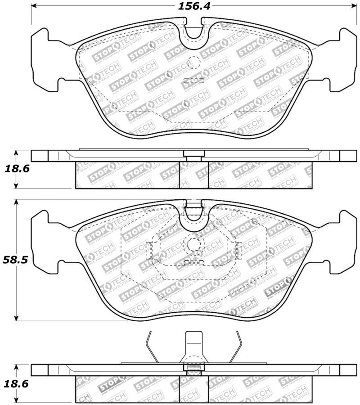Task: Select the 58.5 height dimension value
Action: (14, 260)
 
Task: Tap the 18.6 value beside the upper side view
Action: (14, 169)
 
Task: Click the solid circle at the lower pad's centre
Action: (194, 244)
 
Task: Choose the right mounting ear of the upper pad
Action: (344, 58)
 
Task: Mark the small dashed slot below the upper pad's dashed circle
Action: (194, 80)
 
